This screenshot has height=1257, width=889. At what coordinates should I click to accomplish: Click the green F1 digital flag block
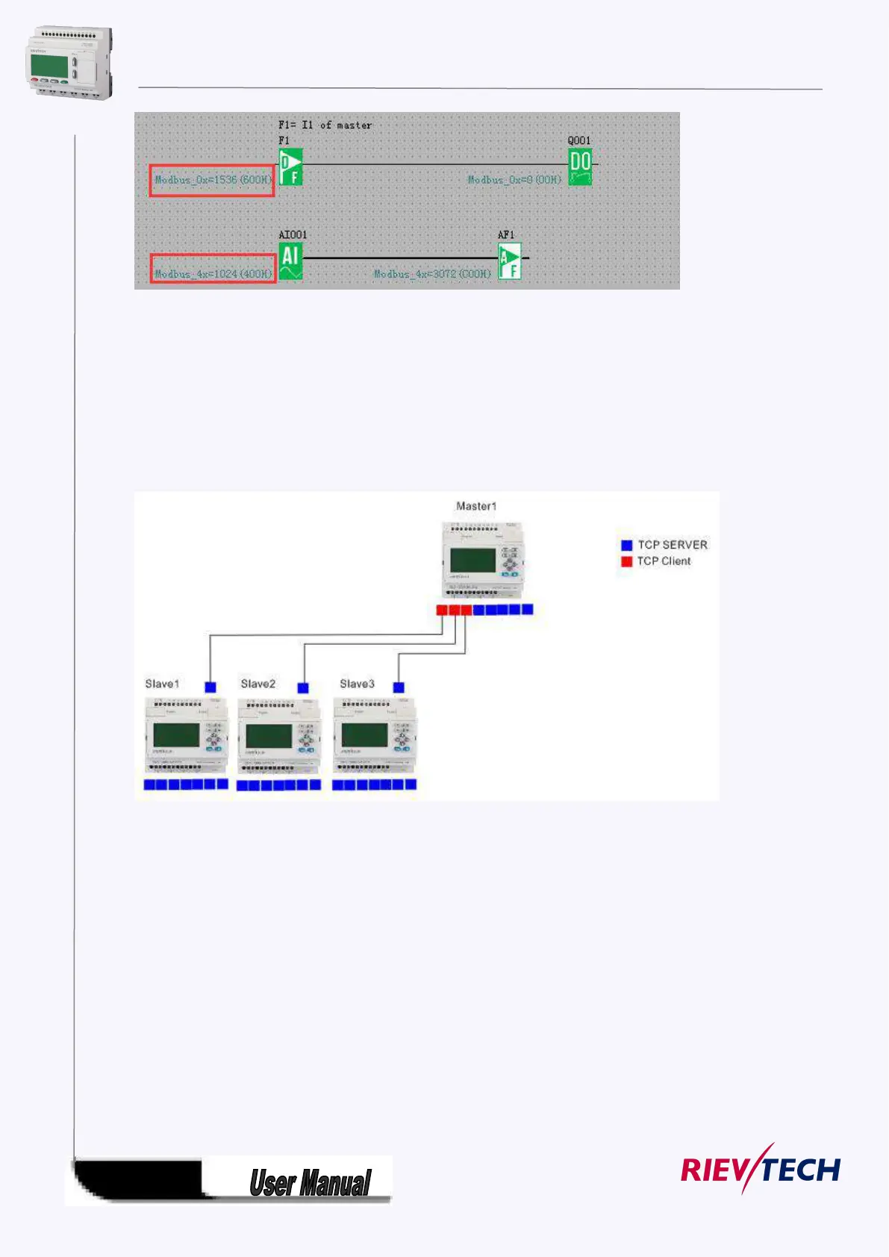(290, 166)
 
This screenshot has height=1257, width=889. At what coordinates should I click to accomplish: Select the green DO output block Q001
(580, 166)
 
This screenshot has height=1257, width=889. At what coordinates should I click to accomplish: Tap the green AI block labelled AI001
(290, 261)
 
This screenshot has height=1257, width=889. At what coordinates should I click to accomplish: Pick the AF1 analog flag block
(510, 261)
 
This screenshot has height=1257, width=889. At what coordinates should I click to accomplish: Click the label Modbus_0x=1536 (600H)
(213, 180)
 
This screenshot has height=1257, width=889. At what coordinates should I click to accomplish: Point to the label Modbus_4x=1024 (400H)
(213, 274)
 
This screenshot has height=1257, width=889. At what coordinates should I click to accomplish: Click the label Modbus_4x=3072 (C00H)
(432, 274)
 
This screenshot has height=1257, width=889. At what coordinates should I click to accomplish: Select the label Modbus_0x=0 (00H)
(514, 180)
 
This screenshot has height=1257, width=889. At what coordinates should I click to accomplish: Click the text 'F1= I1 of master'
(325, 125)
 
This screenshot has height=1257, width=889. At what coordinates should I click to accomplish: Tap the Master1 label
(476, 506)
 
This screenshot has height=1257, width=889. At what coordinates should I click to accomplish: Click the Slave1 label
(162, 684)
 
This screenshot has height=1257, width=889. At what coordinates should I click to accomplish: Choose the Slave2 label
(258, 684)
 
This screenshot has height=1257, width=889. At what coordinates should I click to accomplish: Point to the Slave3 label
(357, 684)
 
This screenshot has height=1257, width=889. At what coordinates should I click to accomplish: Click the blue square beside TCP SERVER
(627, 545)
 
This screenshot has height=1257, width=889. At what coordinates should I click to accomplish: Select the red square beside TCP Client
(627, 561)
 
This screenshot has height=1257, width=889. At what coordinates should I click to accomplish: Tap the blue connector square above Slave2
(303, 687)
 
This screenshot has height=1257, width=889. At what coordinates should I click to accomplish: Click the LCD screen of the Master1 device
(472, 561)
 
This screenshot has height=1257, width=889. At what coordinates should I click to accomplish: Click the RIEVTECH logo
(760, 1169)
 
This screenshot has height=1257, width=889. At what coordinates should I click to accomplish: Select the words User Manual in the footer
(310, 1183)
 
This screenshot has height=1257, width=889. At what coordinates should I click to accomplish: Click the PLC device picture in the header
(69, 63)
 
